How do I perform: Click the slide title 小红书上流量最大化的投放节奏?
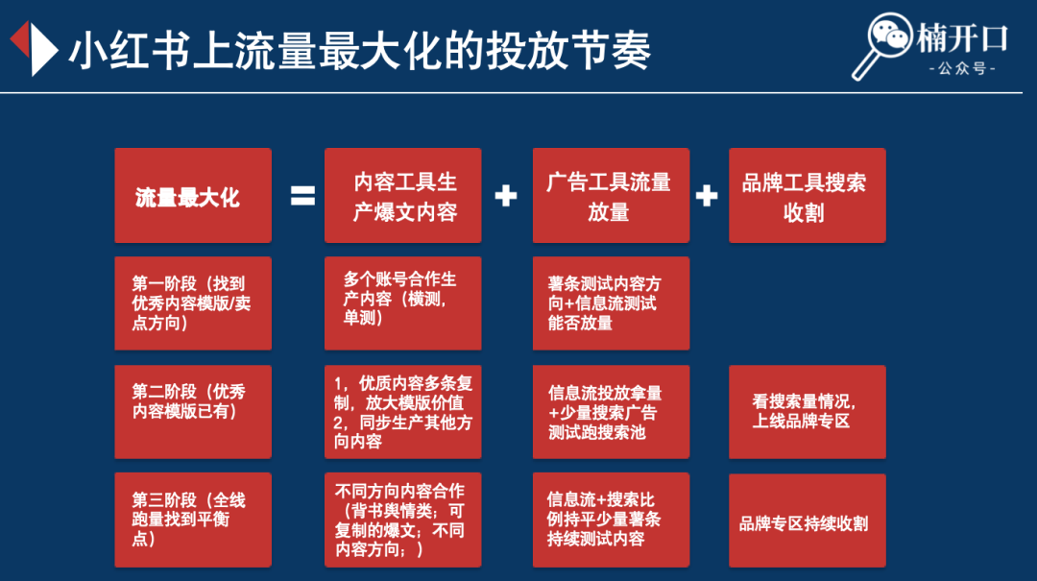(x=360, y=50)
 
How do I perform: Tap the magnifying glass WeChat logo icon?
(x=881, y=46)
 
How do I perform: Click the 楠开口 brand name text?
(x=962, y=37)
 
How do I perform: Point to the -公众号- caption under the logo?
(x=962, y=68)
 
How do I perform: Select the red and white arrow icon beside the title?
(x=35, y=48)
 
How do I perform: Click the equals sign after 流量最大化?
(x=302, y=196)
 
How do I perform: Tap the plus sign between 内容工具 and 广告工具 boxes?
(x=506, y=196)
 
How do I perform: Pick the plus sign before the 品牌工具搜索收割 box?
(x=707, y=196)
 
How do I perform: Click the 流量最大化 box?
(x=193, y=196)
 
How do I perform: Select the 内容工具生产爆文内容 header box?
(x=402, y=196)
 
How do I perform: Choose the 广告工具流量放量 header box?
(x=611, y=196)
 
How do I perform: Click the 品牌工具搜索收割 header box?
(x=807, y=196)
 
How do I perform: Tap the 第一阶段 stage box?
(x=193, y=303)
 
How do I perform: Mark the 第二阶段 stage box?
(x=193, y=412)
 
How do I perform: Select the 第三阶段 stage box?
(x=193, y=520)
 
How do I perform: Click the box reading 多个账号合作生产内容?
(x=402, y=303)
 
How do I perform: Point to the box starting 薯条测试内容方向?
(x=611, y=303)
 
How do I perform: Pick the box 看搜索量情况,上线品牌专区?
(x=807, y=412)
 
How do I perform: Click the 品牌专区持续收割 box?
(x=807, y=520)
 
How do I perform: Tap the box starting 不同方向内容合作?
(x=402, y=520)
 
